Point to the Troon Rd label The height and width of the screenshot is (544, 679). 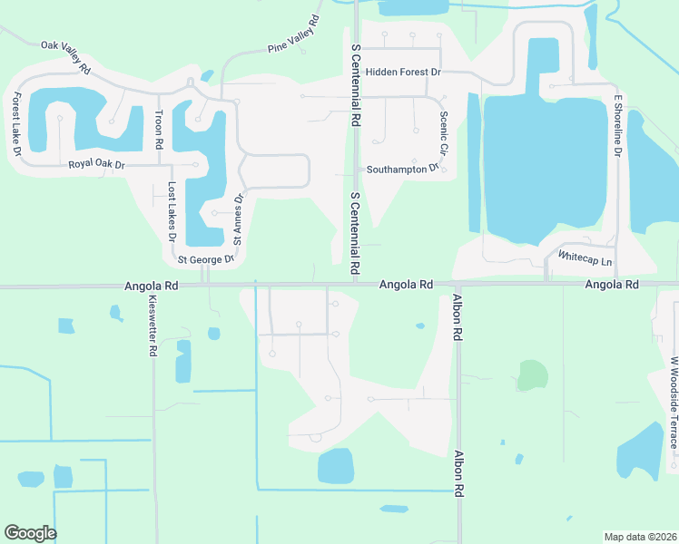pyautogui.click(x=159, y=131)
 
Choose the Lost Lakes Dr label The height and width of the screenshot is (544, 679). pyautogui.click(x=172, y=211)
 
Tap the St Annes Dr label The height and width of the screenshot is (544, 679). pyautogui.click(x=239, y=219)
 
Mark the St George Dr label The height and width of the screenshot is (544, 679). pyautogui.click(x=206, y=259)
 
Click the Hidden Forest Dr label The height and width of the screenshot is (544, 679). pyautogui.click(x=403, y=72)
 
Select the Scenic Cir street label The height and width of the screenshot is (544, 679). pyautogui.click(x=444, y=133)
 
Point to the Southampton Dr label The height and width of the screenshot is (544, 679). pyautogui.click(x=403, y=169)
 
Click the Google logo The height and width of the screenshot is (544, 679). pyautogui.click(x=30, y=533)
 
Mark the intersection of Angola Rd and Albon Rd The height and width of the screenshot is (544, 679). pyautogui.click(x=458, y=285)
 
